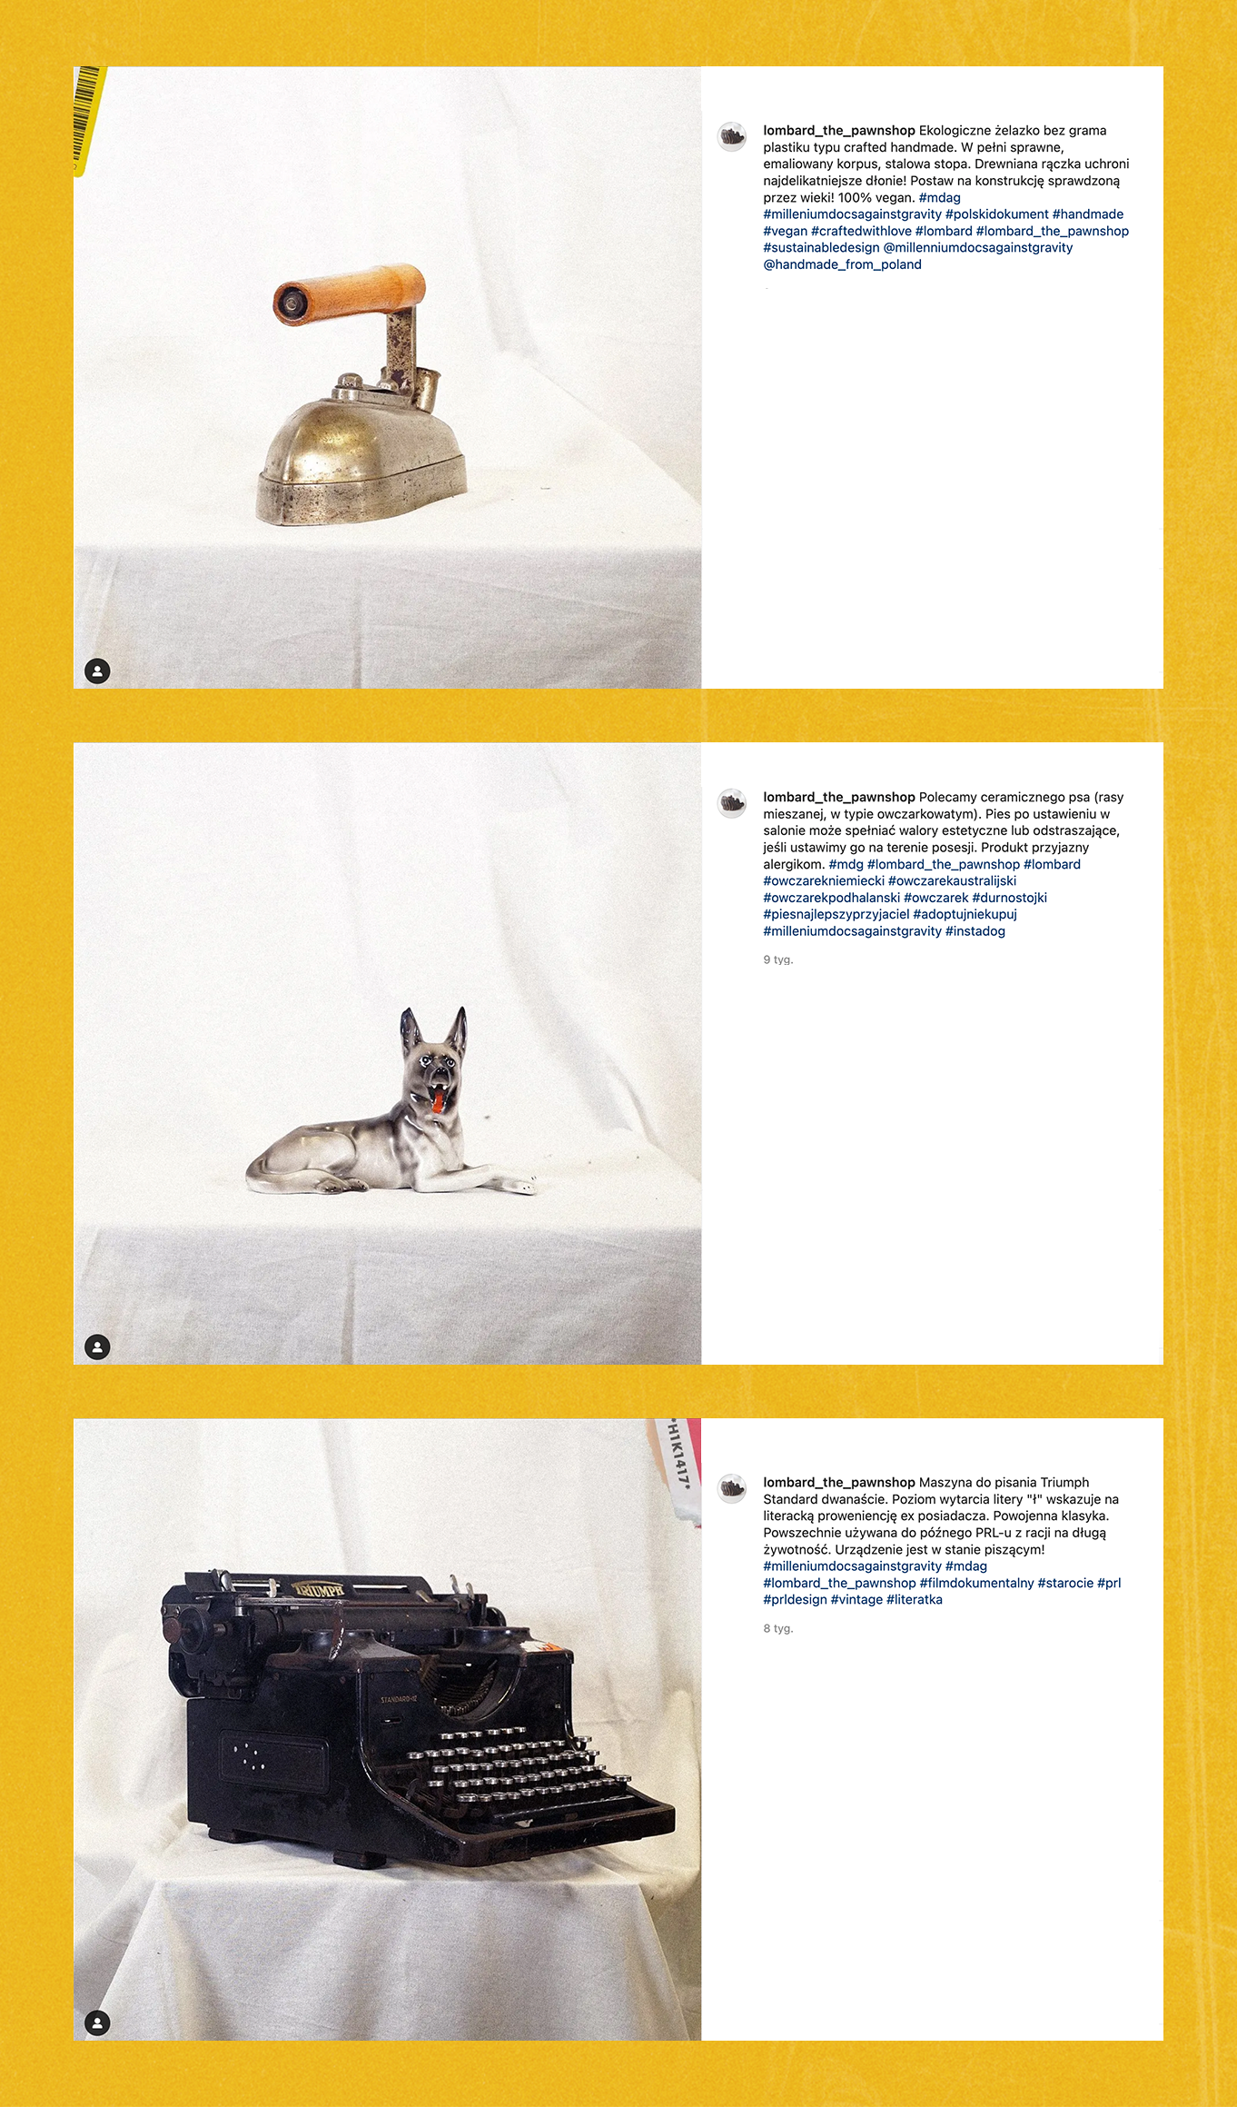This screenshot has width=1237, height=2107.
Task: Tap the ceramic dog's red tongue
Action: (x=438, y=1102)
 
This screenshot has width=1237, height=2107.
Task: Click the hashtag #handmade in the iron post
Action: (x=1088, y=214)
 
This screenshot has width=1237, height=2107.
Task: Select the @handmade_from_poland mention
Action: (x=842, y=264)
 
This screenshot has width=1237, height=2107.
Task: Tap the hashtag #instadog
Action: (x=975, y=931)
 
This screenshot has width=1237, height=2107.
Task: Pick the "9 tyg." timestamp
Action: (x=778, y=959)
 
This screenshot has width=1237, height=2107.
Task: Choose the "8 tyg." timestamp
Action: (x=778, y=1628)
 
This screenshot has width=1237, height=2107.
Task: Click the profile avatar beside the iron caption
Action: (x=732, y=137)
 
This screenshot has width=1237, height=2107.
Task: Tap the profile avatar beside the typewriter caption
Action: (x=732, y=1488)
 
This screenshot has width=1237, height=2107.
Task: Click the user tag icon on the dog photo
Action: (x=97, y=1347)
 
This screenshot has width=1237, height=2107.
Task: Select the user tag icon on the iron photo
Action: (x=97, y=671)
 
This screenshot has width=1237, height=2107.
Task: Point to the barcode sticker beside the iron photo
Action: (x=88, y=119)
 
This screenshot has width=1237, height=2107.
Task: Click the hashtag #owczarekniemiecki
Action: (x=824, y=880)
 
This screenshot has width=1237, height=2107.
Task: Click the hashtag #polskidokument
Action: (x=997, y=214)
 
